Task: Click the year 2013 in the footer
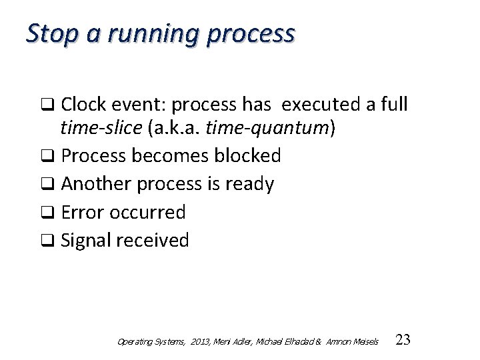tap(197, 341)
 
